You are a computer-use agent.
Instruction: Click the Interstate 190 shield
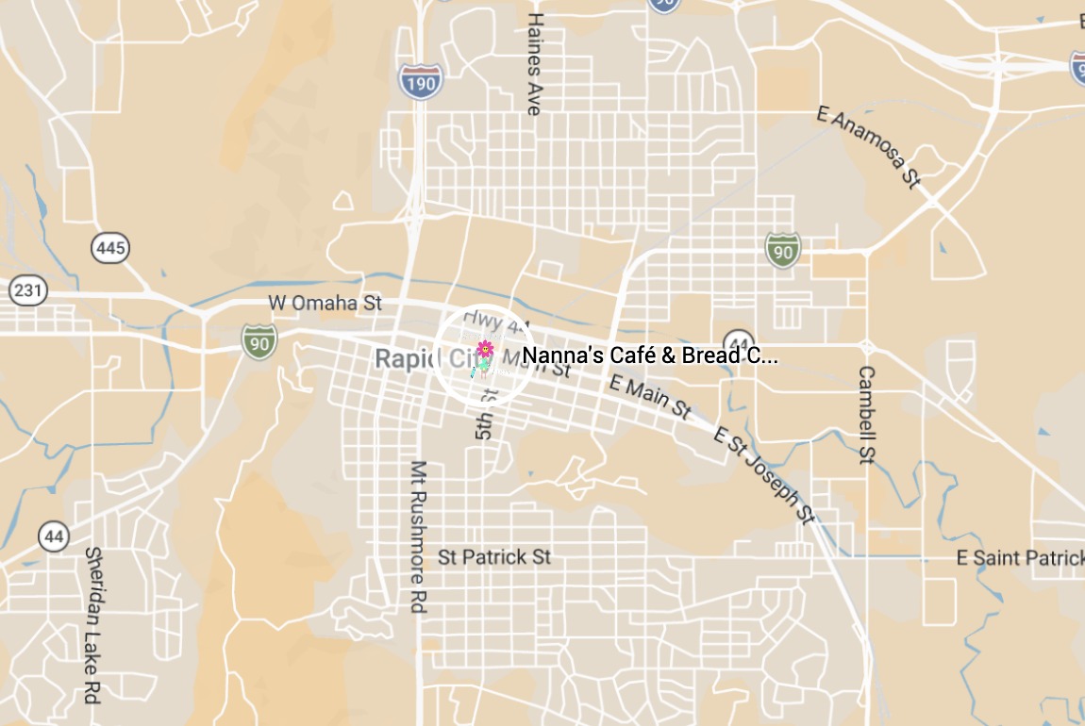418,82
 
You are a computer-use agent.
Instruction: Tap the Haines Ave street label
535,64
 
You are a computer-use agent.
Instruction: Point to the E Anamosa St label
868,147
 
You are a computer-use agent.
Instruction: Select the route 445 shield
110,249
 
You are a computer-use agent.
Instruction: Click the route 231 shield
28,289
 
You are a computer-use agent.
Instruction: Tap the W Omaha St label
325,303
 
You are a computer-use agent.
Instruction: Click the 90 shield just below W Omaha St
259,341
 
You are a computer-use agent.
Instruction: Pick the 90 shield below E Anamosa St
782,250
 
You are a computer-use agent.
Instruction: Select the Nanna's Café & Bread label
650,356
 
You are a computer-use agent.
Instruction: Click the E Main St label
651,396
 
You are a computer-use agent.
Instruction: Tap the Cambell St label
866,415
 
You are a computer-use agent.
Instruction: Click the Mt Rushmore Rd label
419,536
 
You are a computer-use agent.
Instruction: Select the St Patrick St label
494,557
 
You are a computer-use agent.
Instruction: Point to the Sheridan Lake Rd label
92,625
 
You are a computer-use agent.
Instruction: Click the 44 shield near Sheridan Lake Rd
55,536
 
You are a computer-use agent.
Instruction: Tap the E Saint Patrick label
1020,558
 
